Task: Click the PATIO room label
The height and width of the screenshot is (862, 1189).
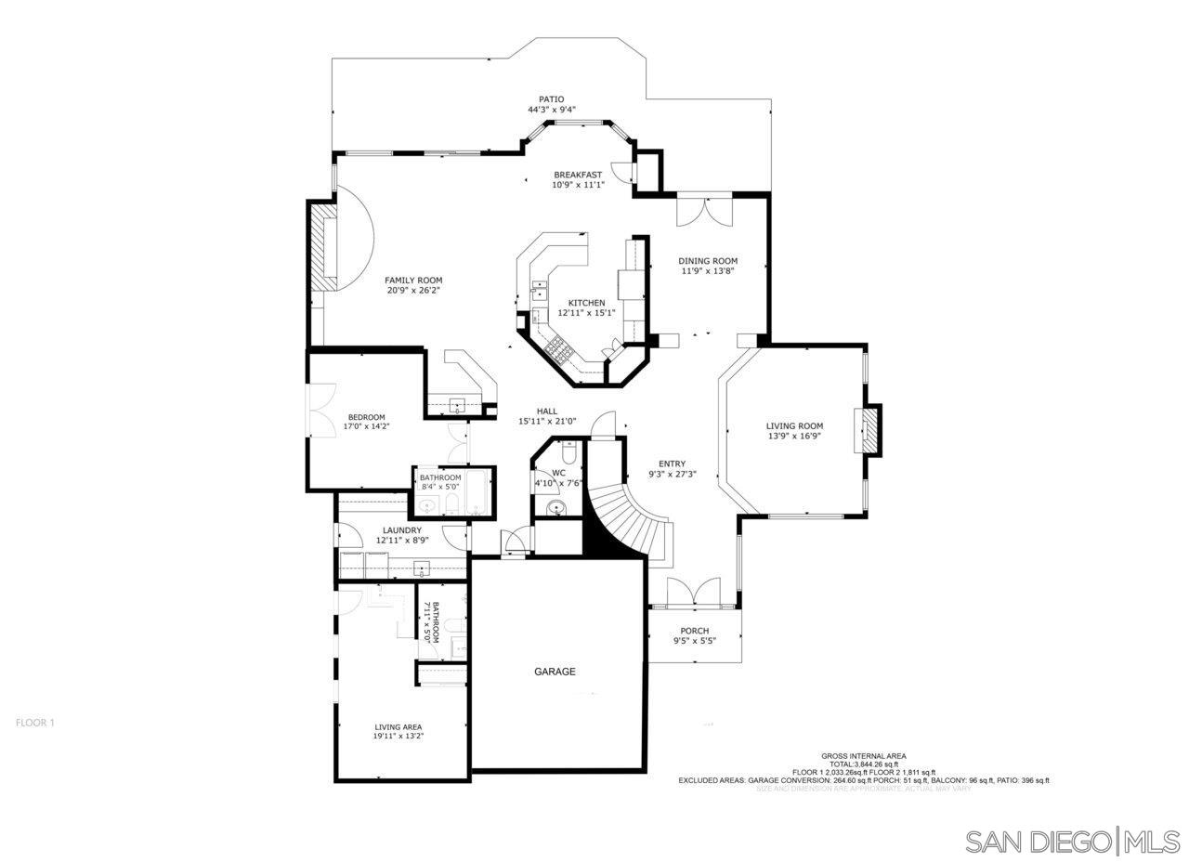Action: pos(551,99)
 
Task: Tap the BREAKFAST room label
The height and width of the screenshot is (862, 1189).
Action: pos(578,175)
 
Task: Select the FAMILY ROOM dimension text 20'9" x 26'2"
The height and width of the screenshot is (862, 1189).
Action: pos(413,291)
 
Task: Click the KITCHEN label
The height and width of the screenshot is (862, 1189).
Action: pos(587,303)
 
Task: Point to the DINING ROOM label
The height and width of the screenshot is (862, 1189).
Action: pos(708,261)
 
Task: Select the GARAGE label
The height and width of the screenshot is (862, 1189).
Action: pos(555,672)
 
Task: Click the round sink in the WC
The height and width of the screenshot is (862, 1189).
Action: pos(555,507)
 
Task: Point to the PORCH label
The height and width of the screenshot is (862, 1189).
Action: pos(694,631)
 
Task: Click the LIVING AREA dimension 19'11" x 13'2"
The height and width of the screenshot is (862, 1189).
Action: pos(399,737)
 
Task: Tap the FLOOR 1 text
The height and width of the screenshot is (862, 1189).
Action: pos(35,722)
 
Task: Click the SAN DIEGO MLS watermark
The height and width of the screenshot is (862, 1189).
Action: pos(1072,842)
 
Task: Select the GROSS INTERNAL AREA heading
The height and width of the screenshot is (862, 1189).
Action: pos(863,756)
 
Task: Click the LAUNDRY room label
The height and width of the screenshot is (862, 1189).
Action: pos(401,530)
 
